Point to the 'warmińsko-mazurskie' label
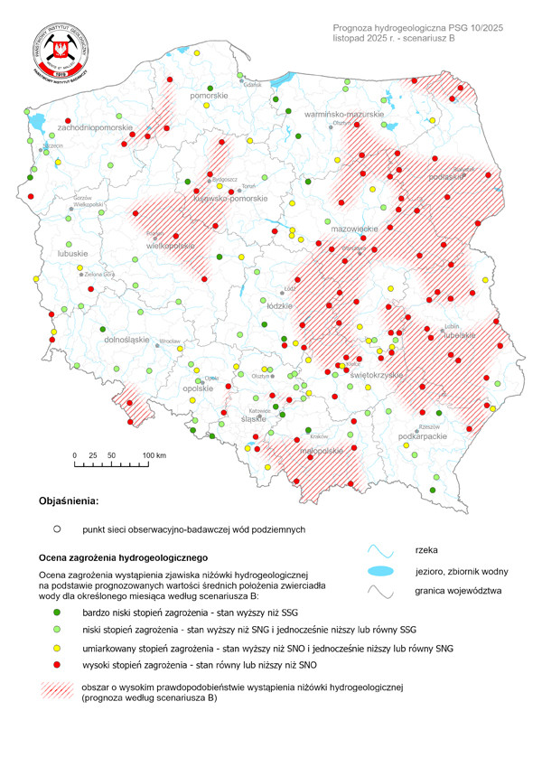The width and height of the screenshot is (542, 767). click(x=344, y=116)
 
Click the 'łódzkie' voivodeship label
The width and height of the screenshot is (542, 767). click(x=281, y=305)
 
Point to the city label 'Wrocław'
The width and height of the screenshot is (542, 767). click(x=169, y=342)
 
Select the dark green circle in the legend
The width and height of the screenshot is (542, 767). click(x=56, y=612)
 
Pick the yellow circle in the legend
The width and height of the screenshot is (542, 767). click(x=56, y=648)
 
